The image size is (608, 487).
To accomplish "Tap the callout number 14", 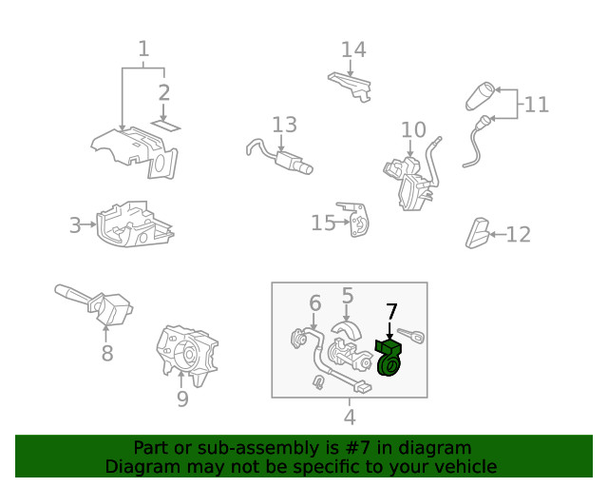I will [353, 49].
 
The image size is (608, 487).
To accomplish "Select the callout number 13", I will [284, 125].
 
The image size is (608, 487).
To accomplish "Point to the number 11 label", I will [536, 104].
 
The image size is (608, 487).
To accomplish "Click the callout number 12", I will [518, 234].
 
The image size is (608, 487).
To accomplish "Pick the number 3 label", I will [75, 225].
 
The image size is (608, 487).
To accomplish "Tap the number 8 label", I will [106, 354].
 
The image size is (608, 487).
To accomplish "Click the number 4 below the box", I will [350, 417].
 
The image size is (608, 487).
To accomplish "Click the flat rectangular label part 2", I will [167, 124].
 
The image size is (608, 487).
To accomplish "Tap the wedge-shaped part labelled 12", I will [477, 232].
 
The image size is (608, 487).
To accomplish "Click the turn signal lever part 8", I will [95, 302].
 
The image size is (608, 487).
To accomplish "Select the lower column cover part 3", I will [133, 224].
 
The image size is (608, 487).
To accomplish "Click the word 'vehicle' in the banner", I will [465, 466].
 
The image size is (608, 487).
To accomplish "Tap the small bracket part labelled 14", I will [348, 83].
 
